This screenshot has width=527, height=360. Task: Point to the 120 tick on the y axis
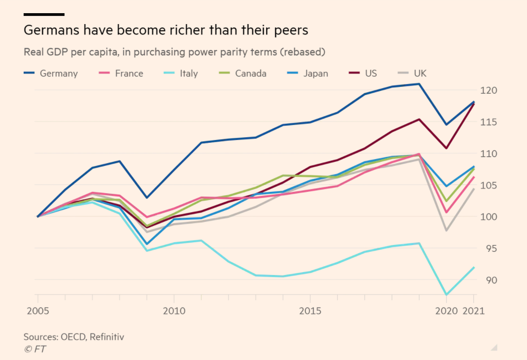(x=490, y=90)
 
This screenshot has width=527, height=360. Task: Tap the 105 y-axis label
(x=490, y=185)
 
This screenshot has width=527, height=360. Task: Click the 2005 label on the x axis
(x=38, y=311)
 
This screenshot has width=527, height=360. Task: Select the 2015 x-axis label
(x=310, y=311)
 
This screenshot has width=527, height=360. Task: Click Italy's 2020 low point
(x=446, y=295)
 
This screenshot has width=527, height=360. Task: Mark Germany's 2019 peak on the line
(x=419, y=84)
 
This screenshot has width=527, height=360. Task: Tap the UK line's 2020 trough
(x=446, y=230)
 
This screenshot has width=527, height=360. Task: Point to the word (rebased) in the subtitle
(x=302, y=52)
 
